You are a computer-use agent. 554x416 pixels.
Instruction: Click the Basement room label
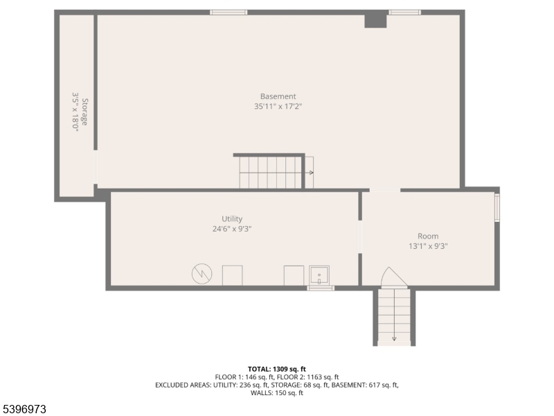point(278,96)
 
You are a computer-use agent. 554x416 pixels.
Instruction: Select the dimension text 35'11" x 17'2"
point(278,106)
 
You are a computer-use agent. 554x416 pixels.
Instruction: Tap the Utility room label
point(232,219)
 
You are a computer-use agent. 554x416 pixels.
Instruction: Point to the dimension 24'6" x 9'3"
point(232,229)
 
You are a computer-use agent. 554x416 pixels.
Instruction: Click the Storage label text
point(85,112)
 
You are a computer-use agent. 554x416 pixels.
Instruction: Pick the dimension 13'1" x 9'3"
point(428,246)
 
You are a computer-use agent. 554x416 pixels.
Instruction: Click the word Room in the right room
point(428,236)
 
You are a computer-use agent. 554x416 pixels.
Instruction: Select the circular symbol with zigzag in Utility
point(202,275)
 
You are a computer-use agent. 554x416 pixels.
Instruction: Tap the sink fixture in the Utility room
point(319,276)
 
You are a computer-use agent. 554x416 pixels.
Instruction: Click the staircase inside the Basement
point(271,172)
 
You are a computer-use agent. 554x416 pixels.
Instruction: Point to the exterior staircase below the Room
point(394,317)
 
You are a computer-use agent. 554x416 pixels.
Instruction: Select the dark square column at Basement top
point(375,19)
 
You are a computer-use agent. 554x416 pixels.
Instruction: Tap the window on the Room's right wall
point(497,207)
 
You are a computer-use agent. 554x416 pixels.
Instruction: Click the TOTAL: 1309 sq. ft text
point(276,369)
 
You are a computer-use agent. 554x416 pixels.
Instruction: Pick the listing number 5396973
point(24,410)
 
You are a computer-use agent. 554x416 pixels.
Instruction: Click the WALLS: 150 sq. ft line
point(276,393)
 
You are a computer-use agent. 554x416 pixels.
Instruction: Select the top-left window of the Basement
point(229,12)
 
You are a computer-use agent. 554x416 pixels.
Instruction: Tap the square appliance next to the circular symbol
point(232,275)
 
